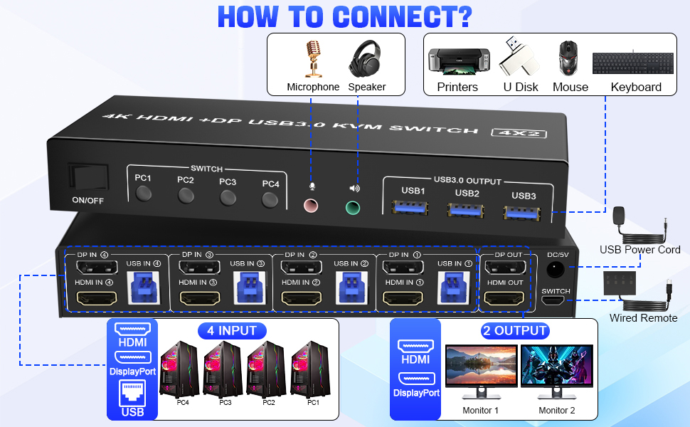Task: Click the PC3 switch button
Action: click(228, 198)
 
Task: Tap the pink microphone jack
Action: click(311, 206)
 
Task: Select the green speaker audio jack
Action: click(353, 208)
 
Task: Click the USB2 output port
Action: click(466, 211)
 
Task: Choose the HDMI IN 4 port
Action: click(97, 298)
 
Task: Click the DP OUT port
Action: click(505, 267)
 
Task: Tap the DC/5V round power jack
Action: click(555, 269)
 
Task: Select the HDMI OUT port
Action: click(504, 298)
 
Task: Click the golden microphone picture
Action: click(313, 58)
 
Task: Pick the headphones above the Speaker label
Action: click(365, 58)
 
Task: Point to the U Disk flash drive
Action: click(519, 57)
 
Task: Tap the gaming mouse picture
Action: click(568, 58)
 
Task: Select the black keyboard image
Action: click(633, 63)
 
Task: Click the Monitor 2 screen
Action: click(557, 366)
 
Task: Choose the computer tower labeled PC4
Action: click(179, 369)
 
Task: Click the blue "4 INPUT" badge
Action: click(232, 331)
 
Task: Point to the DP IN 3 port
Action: click(199, 267)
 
